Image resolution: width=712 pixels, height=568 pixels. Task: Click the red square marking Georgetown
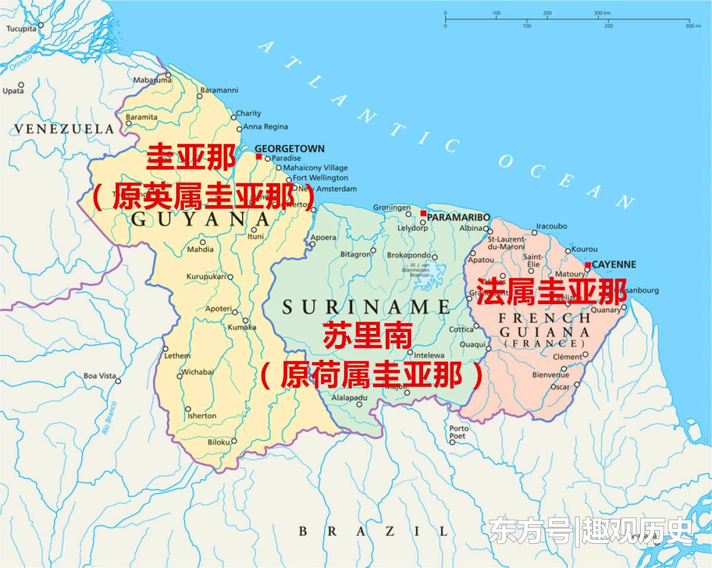(x=259, y=157)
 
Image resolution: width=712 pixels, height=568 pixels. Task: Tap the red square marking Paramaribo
(x=424, y=213)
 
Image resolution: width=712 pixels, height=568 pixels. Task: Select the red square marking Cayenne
(x=587, y=265)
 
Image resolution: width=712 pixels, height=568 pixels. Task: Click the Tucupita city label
(x=21, y=27)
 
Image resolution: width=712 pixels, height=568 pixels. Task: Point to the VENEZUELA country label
(x=63, y=129)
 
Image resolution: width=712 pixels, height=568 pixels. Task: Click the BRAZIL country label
(x=373, y=531)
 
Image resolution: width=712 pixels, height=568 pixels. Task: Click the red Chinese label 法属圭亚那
(x=552, y=291)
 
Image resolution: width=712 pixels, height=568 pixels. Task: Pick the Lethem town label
(x=177, y=356)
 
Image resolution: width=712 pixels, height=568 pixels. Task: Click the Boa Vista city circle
(x=118, y=381)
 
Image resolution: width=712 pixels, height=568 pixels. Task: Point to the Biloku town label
(x=218, y=442)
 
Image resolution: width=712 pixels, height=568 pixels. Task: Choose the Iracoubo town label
(x=551, y=226)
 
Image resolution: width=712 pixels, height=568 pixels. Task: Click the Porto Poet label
(x=459, y=432)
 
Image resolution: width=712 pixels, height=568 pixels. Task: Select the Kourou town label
(x=584, y=250)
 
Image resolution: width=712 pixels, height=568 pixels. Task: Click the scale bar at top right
(x=567, y=20)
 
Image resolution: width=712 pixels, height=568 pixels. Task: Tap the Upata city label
(x=13, y=91)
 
